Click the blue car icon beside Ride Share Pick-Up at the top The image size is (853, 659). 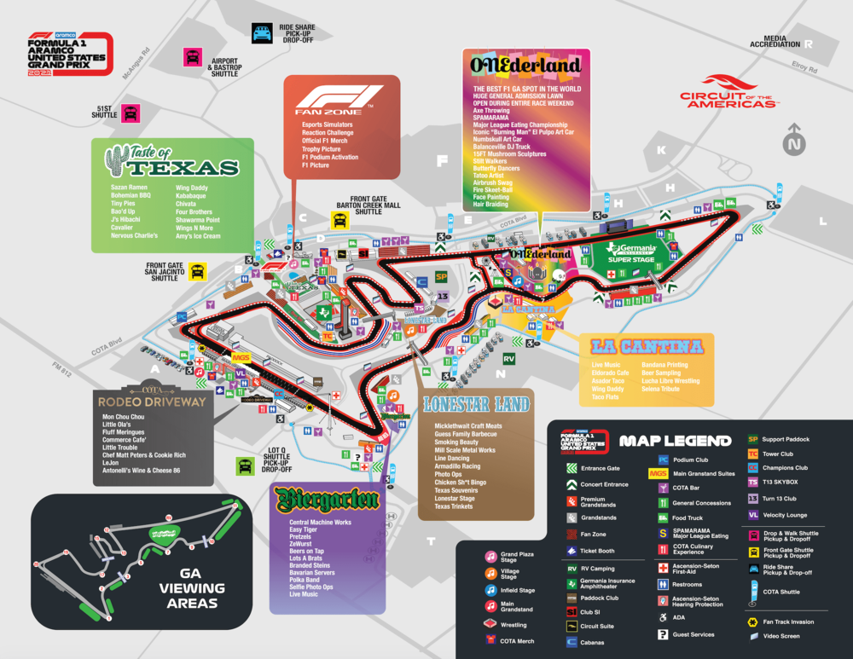coord(261,33)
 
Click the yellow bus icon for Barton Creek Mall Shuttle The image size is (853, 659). coord(340,221)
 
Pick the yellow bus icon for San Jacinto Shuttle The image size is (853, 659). coord(198,271)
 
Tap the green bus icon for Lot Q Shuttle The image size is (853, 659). coord(245,465)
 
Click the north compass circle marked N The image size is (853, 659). coord(795,144)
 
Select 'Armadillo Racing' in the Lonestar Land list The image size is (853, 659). coord(457,466)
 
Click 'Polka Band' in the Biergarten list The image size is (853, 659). coord(305,579)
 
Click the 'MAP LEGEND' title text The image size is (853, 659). coord(675,441)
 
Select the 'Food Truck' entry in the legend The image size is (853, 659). coord(687,517)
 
